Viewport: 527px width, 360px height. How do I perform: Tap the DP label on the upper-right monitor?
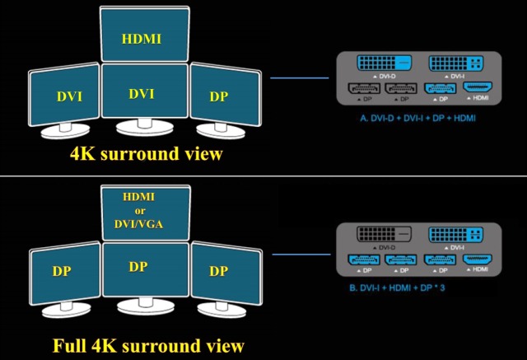click(219, 96)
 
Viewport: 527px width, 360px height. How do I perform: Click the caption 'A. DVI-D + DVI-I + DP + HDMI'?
click(417, 119)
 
